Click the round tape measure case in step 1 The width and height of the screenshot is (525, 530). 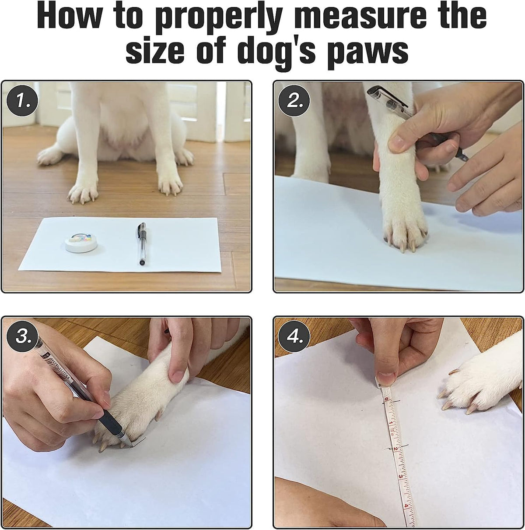(x=82, y=242)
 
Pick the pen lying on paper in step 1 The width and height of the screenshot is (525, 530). (x=141, y=244)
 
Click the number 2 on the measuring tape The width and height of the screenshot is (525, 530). (x=395, y=449)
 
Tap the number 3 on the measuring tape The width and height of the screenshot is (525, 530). (x=401, y=477)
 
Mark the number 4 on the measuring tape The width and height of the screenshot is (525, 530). (x=406, y=505)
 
